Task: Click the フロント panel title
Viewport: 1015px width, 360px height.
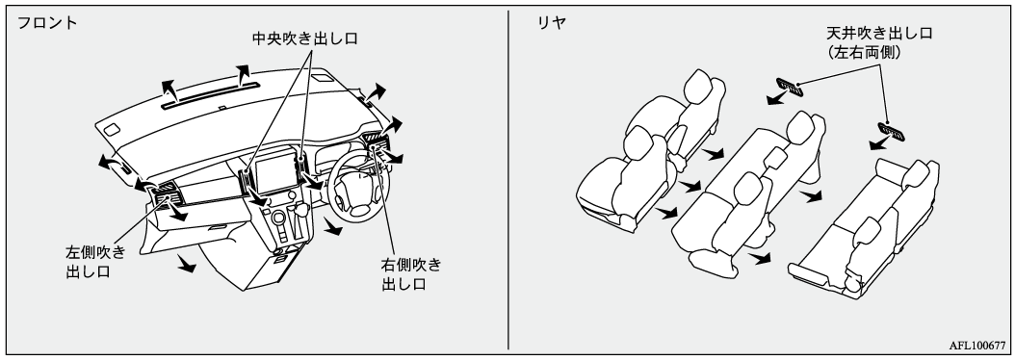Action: point(46,23)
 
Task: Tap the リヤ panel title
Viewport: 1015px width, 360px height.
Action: point(552,23)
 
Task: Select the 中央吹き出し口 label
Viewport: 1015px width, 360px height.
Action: point(305,39)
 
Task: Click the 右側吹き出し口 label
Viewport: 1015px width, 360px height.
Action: point(411,274)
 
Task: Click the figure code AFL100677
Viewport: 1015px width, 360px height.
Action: point(977,347)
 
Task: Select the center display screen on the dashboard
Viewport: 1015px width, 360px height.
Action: point(276,173)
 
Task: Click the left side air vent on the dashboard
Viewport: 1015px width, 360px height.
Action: point(163,193)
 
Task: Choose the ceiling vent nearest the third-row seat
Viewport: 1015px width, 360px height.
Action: point(892,131)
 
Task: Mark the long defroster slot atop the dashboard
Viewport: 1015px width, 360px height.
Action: point(210,95)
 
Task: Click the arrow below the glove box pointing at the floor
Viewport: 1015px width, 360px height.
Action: point(186,264)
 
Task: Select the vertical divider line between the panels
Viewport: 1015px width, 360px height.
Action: point(508,180)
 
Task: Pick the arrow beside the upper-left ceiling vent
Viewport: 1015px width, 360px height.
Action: point(776,98)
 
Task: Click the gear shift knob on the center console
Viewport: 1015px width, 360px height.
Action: point(301,209)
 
